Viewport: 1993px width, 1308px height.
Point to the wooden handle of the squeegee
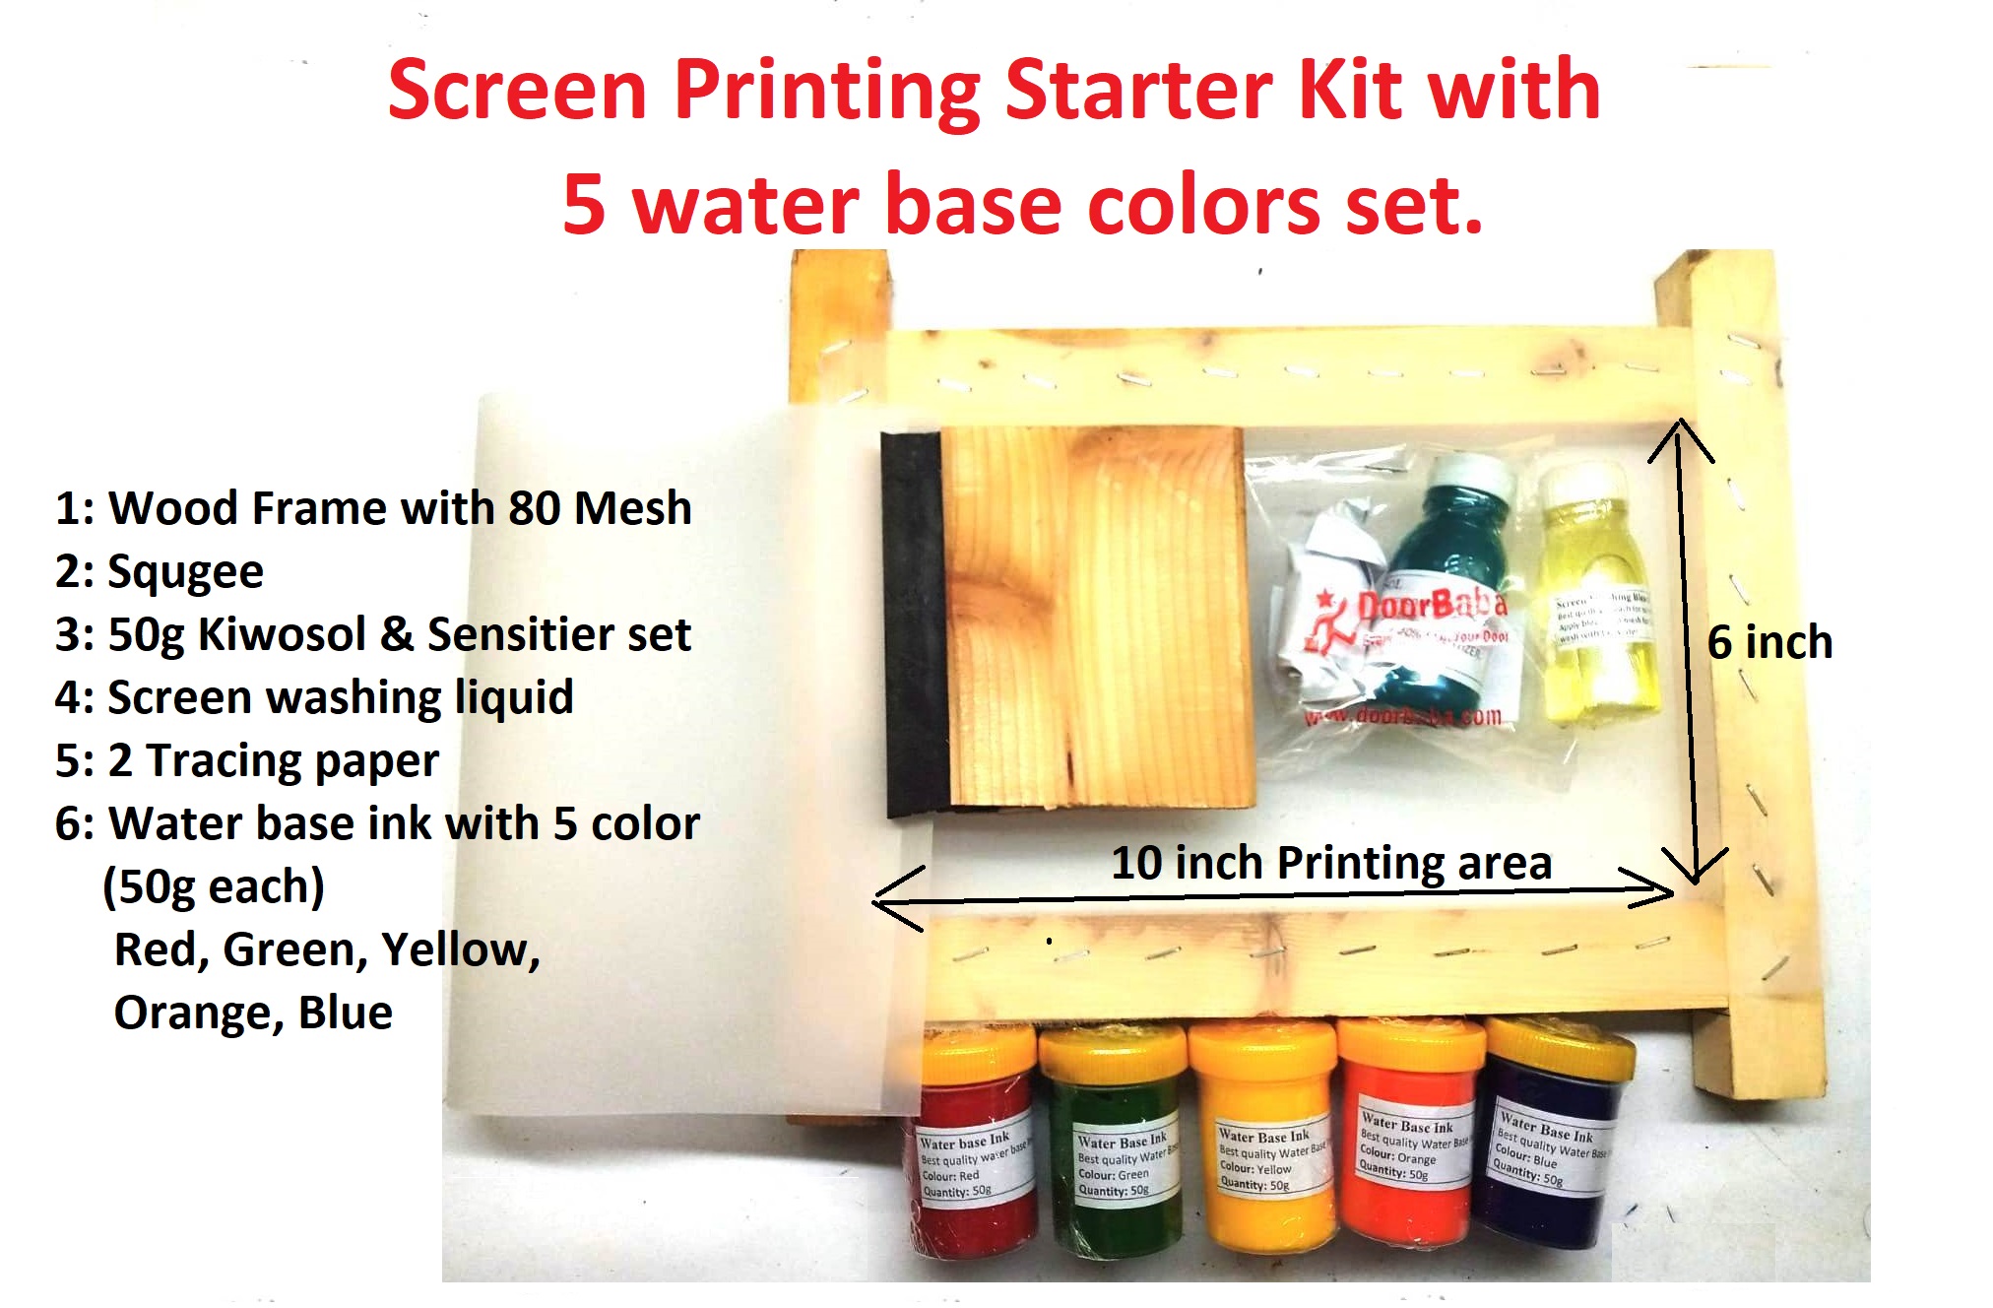tap(1093, 621)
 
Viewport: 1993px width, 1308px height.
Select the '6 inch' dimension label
tap(1769, 642)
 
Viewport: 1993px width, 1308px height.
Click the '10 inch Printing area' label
tap(1331, 863)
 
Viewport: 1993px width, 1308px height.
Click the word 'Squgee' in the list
tap(185, 572)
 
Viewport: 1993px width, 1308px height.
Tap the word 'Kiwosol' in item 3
tap(283, 635)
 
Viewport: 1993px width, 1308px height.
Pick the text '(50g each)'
tap(214, 886)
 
